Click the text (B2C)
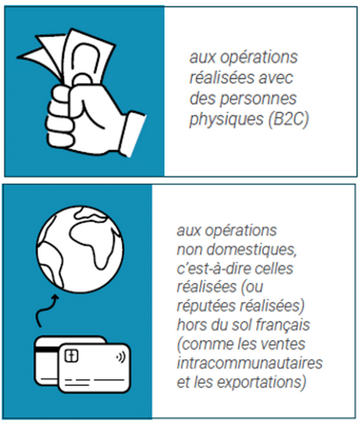coord(289,119)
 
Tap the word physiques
coord(226,120)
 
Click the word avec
coord(276,78)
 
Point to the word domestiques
coord(251,249)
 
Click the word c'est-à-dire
coord(214,268)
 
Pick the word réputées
coord(206,306)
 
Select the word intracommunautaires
coord(250,363)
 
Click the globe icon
coord(80,249)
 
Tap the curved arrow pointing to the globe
coord(46,310)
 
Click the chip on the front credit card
coord(71,356)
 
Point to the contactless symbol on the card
coord(121,357)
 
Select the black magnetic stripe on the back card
coord(47,349)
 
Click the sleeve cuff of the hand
coord(133,133)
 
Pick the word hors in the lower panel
coord(192,325)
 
